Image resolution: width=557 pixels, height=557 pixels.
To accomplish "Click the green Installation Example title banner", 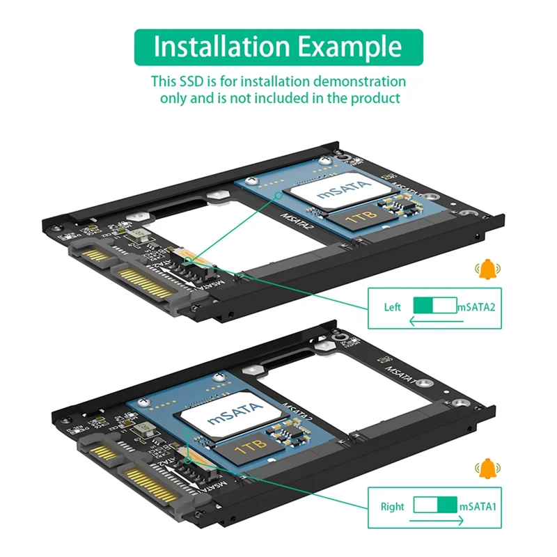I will (x=278, y=47).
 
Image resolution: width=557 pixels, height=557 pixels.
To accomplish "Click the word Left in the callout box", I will (x=393, y=307).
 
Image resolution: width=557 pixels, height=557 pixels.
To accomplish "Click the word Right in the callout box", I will (x=392, y=506).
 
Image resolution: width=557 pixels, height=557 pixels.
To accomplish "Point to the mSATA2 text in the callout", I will (x=476, y=307).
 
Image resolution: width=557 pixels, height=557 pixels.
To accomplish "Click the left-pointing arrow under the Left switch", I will (x=432, y=322).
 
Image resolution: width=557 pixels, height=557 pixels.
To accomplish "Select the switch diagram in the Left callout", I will (x=434, y=306).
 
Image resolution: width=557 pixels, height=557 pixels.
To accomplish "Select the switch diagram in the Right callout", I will (x=435, y=505).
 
